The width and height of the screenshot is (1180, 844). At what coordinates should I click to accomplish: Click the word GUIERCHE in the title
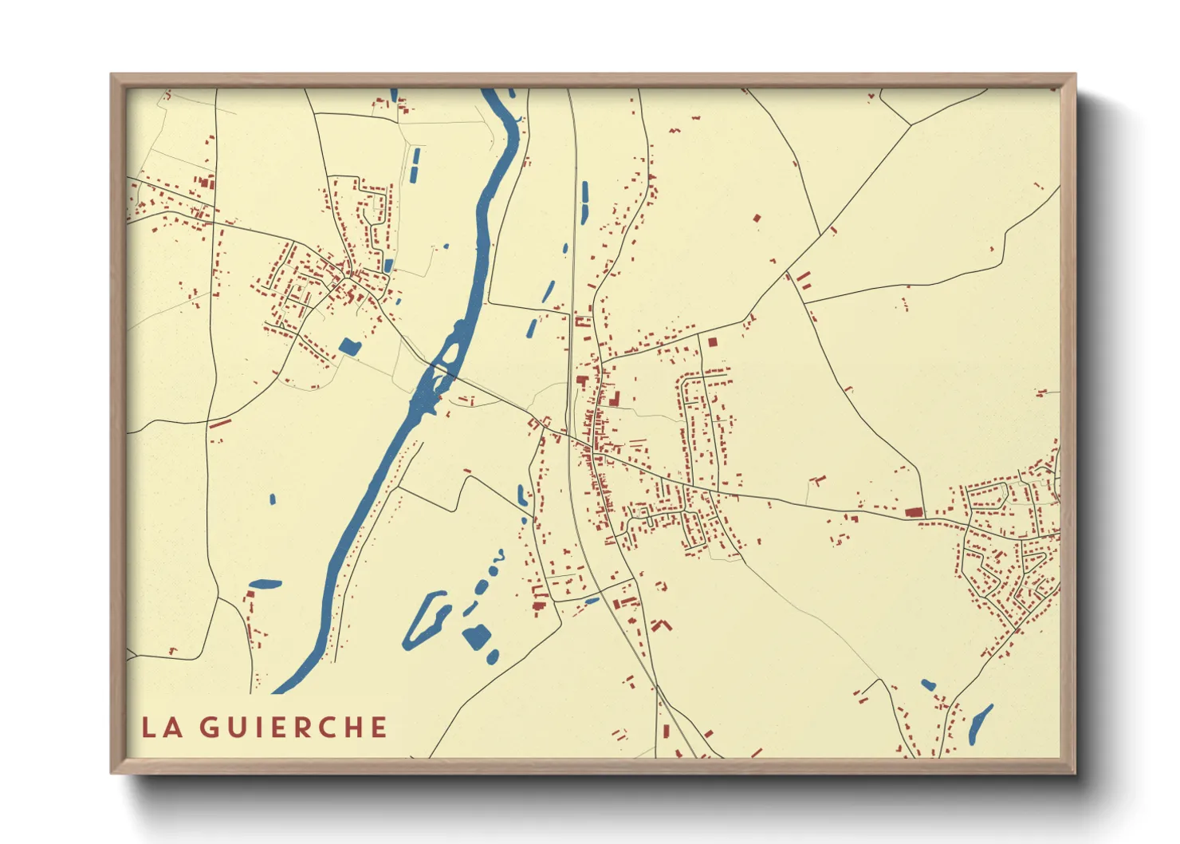[x=293, y=728]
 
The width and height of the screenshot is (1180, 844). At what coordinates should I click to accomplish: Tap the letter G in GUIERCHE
[x=208, y=728]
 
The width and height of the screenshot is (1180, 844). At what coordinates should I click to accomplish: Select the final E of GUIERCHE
[x=379, y=728]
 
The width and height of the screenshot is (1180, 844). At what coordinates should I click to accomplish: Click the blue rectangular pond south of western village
[x=349, y=345]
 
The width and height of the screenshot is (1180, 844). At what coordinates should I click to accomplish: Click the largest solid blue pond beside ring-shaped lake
[x=477, y=637]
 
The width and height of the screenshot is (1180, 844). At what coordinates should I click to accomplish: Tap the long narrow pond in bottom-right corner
[x=980, y=724]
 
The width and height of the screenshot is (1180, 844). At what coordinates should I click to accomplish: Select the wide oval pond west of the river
[x=265, y=584]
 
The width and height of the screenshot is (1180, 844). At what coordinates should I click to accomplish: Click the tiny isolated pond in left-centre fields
[x=273, y=499]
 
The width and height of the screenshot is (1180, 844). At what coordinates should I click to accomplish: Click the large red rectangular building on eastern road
[x=913, y=512]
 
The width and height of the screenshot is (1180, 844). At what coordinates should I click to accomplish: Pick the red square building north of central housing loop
[x=712, y=341]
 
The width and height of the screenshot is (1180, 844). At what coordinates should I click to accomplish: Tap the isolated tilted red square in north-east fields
[x=757, y=217]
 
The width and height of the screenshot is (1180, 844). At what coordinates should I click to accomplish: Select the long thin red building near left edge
[x=219, y=423]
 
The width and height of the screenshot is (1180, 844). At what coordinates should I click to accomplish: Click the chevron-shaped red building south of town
[x=660, y=625]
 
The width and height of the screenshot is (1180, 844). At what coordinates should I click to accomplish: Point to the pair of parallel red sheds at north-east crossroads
[x=803, y=279]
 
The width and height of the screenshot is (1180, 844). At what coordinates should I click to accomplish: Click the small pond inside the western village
[x=388, y=266]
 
